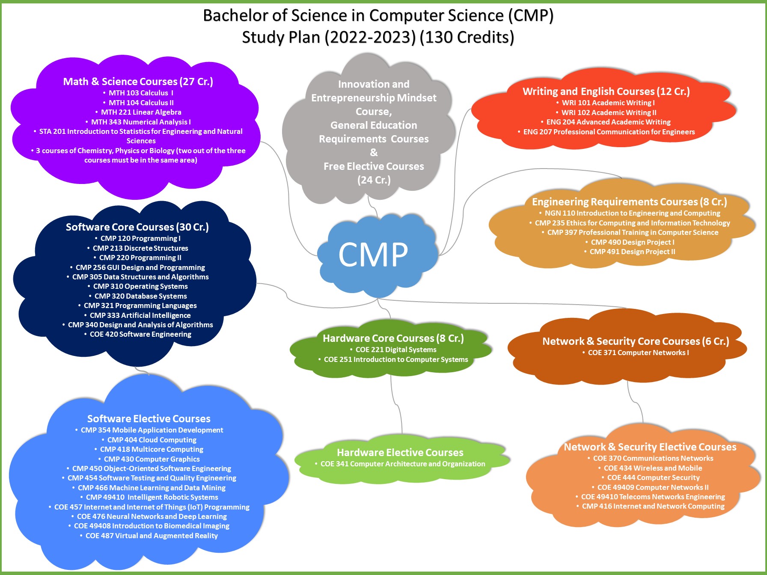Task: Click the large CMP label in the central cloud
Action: (x=373, y=255)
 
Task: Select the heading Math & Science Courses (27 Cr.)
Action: (x=138, y=81)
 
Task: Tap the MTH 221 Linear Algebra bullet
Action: (x=141, y=112)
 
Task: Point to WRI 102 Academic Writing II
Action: (x=609, y=113)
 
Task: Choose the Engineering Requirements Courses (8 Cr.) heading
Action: (x=629, y=202)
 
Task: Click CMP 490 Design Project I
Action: (x=632, y=242)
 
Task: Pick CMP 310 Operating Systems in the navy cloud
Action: (x=140, y=286)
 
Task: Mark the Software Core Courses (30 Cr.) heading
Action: (x=137, y=227)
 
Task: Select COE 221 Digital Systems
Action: (x=396, y=350)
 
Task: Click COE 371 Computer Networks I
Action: (x=638, y=353)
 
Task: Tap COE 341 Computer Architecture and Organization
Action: (x=403, y=464)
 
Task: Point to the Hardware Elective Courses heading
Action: (x=400, y=452)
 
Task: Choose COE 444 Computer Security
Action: (x=653, y=477)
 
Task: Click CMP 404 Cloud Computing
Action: (x=152, y=440)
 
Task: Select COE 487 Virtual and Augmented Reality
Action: (x=152, y=536)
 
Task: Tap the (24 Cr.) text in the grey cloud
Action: (x=374, y=180)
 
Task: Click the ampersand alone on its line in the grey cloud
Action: (x=374, y=152)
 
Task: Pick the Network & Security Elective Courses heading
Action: (x=650, y=447)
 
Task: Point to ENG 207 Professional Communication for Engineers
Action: (x=609, y=132)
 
